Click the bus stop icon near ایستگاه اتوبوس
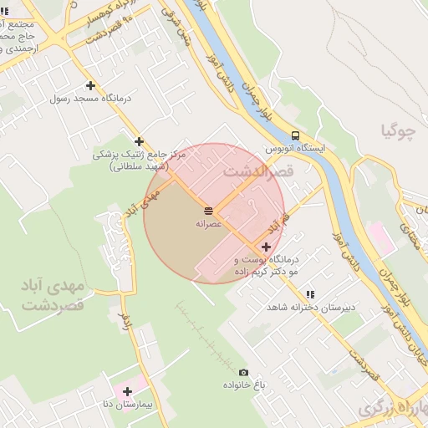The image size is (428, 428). pyautogui.click(x=295, y=135)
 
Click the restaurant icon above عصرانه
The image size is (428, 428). pyautogui.click(x=208, y=209)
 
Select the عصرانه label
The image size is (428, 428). pyautogui.click(x=208, y=223)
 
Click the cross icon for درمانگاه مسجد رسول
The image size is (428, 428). pyautogui.click(x=90, y=85)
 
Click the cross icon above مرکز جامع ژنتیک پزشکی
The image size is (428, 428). pyautogui.click(x=139, y=141)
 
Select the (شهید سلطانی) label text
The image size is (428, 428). pyautogui.click(x=139, y=166)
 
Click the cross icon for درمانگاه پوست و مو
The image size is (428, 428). pyautogui.click(x=266, y=247)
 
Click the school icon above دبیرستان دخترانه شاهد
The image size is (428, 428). pyautogui.click(x=310, y=294)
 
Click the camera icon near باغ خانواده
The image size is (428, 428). pyautogui.click(x=243, y=372)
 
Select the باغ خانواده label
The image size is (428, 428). pyautogui.click(x=243, y=385)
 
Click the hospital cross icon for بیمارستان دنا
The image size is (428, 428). pyautogui.click(x=127, y=390)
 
